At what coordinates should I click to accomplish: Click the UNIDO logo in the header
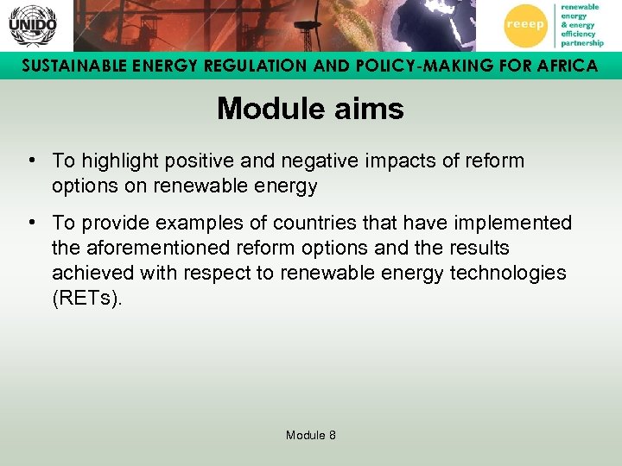point(32,25)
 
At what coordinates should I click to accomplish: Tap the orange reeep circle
point(525,25)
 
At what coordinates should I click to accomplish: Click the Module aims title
point(310,109)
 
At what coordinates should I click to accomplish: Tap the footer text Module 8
point(310,435)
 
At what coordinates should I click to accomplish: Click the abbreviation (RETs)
point(87,298)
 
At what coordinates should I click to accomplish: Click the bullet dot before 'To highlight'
point(30,161)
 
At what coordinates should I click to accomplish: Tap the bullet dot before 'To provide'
point(30,223)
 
